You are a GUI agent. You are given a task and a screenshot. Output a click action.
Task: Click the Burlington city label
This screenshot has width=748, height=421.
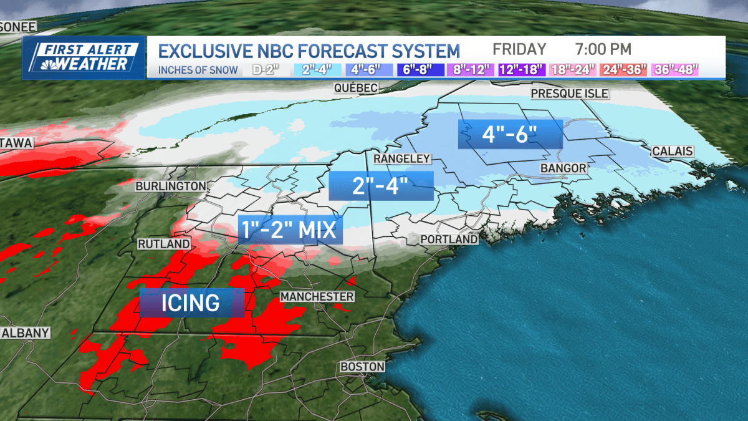pyautogui.click(x=171, y=186)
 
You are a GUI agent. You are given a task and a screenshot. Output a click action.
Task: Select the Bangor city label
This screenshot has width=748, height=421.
pyautogui.click(x=563, y=168)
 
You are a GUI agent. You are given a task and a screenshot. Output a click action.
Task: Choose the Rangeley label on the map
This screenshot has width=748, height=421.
pyautogui.click(x=402, y=159)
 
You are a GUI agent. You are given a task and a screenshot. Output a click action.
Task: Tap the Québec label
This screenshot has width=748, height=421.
pyautogui.click(x=356, y=89)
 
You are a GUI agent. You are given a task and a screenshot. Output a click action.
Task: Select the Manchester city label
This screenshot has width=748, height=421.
pyautogui.click(x=317, y=296)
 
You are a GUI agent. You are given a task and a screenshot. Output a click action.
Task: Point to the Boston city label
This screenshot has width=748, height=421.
pyautogui.click(x=362, y=367)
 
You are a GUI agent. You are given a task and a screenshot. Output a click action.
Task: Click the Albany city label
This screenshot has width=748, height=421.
pyautogui.click(x=26, y=333)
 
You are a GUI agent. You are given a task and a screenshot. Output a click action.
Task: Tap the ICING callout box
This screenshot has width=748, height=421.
pyautogui.click(x=191, y=303)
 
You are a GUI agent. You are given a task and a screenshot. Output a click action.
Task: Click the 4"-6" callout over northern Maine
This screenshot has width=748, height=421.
pyautogui.click(x=510, y=134)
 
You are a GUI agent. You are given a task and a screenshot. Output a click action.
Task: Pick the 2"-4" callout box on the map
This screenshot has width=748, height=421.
pyautogui.click(x=380, y=185)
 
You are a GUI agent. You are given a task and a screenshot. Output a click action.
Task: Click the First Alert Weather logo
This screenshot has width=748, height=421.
pyautogui.click(x=84, y=57)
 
